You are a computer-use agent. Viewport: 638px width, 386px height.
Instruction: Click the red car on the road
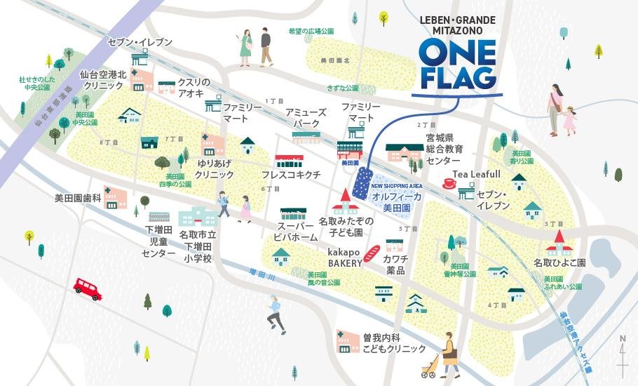tap(88, 288)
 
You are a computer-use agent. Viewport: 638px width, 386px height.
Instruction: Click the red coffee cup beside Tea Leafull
tap(448, 184)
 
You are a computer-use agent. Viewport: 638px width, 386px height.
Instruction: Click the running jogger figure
tap(275, 314)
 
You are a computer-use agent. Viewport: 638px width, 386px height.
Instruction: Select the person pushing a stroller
tap(442, 357)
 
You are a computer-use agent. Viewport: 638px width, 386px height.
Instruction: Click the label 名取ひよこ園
tap(559, 262)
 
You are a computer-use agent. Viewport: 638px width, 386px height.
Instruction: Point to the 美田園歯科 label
tap(78, 199)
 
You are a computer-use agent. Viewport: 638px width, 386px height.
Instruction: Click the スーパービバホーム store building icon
tap(294, 215)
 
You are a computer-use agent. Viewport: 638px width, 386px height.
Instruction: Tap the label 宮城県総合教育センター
tap(444, 149)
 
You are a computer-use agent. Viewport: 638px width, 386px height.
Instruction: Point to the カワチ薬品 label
tap(394, 265)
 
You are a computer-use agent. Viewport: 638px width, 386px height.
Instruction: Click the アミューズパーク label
tap(306, 118)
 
